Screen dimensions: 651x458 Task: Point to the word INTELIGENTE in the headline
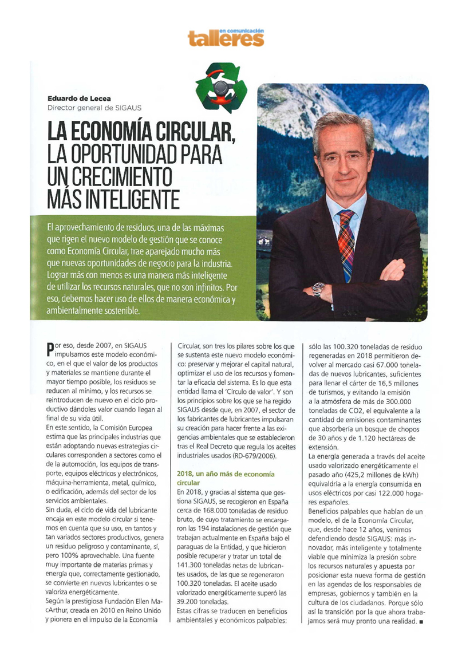point(132,198)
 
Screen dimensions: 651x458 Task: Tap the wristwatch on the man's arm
point(318,289)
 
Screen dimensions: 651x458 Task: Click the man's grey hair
point(343,124)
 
